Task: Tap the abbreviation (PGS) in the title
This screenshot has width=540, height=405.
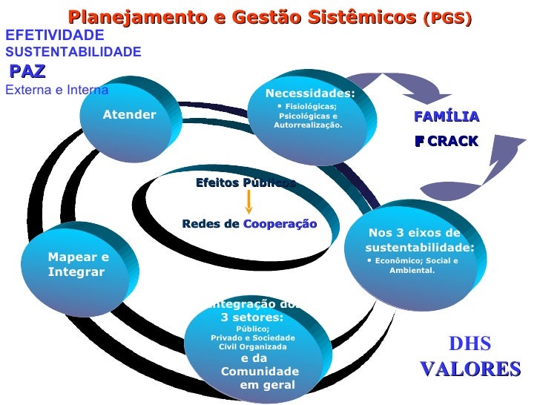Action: pyautogui.click(x=447, y=19)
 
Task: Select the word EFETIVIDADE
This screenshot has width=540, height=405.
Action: pyautogui.click(x=55, y=35)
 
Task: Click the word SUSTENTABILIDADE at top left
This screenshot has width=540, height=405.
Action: pyautogui.click(x=73, y=52)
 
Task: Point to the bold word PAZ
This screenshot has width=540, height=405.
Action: pyautogui.click(x=28, y=71)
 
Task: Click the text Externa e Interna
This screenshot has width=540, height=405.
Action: pyautogui.click(x=56, y=90)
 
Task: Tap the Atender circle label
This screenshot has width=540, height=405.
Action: pyautogui.click(x=129, y=114)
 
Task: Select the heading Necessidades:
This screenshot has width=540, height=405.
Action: pyautogui.click(x=310, y=93)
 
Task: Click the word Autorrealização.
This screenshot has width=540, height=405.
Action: pyautogui.click(x=308, y=125)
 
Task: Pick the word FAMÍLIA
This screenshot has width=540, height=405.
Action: pyautogui.click(x=447, y=117)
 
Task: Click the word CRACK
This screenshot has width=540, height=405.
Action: pyautogui.click(x=452, y=141)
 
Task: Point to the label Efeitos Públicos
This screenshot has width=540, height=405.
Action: pyautogui.click(x=246, y=182)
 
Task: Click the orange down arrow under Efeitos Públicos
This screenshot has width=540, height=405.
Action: pyautogui.click(x=250, y=202)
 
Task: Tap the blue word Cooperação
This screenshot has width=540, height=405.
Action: pyautogui.click(x=280, y=224)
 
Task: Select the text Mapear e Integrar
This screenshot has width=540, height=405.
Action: pyautogui.click(x=78, y=265)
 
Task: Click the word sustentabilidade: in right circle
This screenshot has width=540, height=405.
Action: pyautogui.click(x=419, y=247)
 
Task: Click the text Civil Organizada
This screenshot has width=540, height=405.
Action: pyautogui.click(x=252, y=346)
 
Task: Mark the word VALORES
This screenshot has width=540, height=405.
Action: pyautogui.click(x=470, y=369)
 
